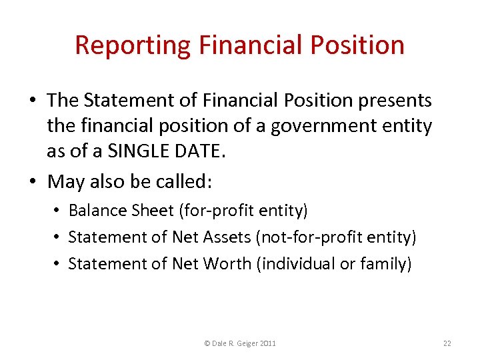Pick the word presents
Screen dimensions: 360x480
point(395,100)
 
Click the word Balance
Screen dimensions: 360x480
point(95,211)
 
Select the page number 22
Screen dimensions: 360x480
point(447,343)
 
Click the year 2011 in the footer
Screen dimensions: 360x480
point(267,343)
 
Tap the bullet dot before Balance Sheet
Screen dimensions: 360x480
point(59,211)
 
